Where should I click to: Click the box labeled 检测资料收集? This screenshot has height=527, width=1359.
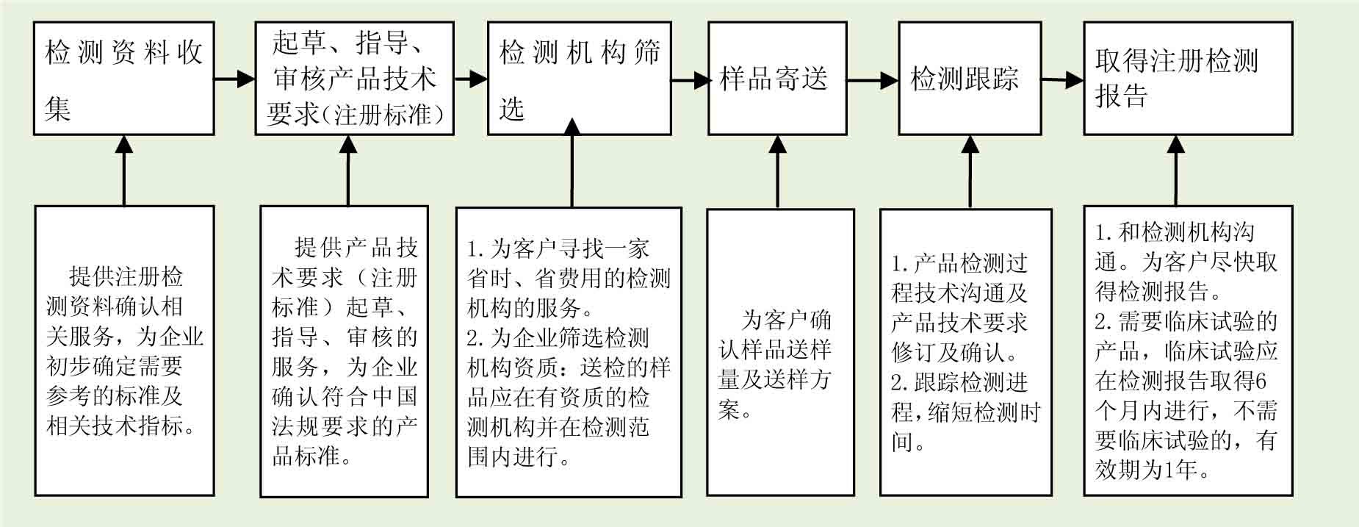123,79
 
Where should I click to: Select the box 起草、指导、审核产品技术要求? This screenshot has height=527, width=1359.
354,79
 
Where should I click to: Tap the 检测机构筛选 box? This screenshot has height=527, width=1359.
579,79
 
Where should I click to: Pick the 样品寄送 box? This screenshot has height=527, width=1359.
777,79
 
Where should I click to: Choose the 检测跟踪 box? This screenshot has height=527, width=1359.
970,79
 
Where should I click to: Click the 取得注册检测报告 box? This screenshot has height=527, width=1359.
1188,79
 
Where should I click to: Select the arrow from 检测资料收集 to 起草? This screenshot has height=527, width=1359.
234,78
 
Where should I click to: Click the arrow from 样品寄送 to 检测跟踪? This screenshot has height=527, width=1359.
873,79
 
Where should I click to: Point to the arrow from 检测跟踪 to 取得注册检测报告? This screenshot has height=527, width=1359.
1062,79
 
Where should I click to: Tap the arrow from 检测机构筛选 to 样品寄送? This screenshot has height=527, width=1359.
690,79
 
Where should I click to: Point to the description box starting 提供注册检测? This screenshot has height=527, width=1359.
124,351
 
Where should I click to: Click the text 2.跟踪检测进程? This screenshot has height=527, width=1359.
959,383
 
